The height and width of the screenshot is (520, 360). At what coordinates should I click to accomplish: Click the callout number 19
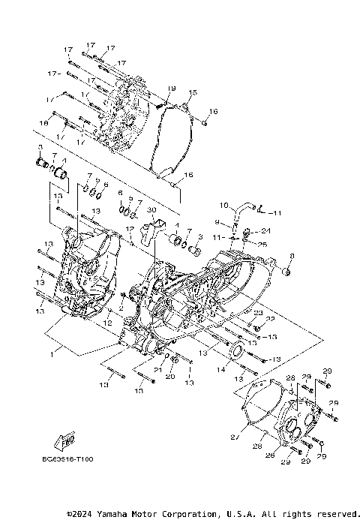(x=171, y=89)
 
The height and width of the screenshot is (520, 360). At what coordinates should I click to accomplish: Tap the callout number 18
(x=43, y=122)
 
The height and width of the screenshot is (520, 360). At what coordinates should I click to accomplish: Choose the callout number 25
(x=262, y=243)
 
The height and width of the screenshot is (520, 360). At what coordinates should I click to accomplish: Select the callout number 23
(x=256, y=313)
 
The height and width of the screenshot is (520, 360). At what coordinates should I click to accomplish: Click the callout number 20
(x=170, y=377)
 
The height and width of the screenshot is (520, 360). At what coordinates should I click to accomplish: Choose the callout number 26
(x=269, y=455)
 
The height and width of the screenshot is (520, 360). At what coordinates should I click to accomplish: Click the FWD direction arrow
(x=67, y=441)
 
